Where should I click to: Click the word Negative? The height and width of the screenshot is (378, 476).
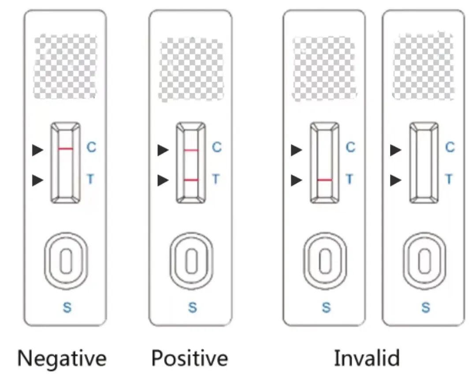click(62, 359)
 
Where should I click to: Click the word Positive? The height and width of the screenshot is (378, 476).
click(190, 358)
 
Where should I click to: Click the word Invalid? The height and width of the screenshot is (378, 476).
click(367, 358)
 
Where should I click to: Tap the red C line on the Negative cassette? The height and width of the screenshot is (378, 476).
click(66, 149)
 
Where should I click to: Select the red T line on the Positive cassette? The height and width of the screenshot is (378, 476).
click(191, 180)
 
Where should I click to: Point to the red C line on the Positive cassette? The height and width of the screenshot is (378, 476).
click(191, 150)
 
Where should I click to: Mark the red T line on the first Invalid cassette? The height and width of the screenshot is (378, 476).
click(325, 180)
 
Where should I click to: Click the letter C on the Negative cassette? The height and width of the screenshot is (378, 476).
click(91, 147)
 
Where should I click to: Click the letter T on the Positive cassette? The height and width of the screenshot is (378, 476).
click(216, 179)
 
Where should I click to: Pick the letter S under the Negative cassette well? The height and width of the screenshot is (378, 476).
click(67, 307)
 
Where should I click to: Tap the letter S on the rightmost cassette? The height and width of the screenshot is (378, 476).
click(425, 307)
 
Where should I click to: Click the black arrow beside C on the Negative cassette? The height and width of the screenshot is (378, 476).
click(38, 150)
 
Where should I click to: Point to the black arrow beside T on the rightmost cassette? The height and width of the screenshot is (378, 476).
click(396, 180)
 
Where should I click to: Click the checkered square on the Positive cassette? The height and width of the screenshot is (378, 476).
click(191, 69)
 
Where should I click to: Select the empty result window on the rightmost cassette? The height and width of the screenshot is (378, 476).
click(424, 163)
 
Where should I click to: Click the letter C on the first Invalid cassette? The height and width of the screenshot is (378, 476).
click(350, 147)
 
